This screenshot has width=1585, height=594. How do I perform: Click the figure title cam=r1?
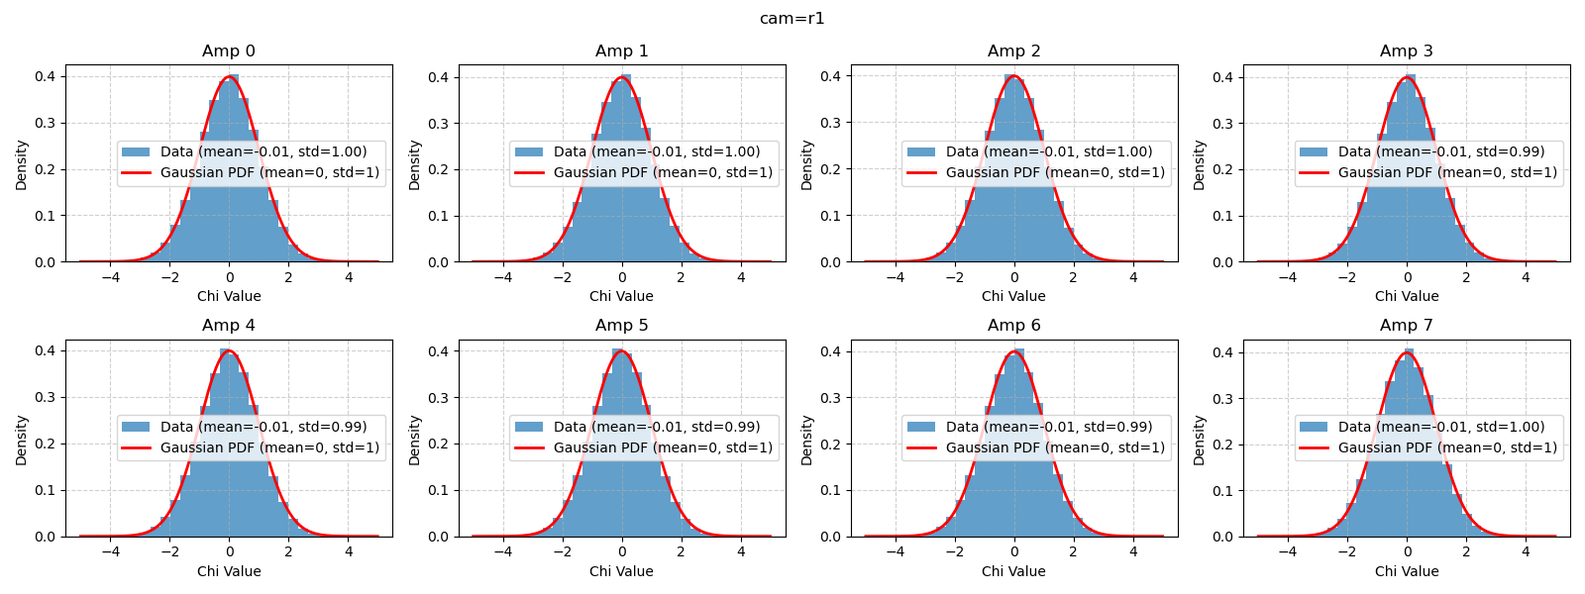(x=792, y=19)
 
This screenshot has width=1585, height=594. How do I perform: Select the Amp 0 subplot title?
(x=229, y=51)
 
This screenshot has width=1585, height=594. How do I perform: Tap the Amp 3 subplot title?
(x=1406, y=51)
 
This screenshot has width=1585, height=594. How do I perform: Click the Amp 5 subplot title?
(x=621, y=326)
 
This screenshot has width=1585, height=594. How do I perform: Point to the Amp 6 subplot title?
(x=1013, y=326)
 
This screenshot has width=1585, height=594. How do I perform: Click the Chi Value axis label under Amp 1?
(x=621, y=296)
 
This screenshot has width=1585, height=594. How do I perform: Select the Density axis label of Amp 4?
(x=22, y=440)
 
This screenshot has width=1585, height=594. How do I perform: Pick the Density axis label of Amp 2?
(x=806, y=164)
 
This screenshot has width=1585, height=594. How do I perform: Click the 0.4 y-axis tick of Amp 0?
(x=45, y=76)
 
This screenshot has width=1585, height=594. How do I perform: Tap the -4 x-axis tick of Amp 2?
(x=895, y=278)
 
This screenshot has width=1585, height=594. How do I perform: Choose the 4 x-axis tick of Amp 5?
(x=741, y=552)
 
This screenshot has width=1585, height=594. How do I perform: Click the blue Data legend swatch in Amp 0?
(x=136, y=151)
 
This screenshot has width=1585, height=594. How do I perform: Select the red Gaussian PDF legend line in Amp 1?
(x=529, y=172)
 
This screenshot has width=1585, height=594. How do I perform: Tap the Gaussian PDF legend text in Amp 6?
(x=1055, y=447)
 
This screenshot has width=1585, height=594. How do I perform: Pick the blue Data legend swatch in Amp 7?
(x=1314, y=427)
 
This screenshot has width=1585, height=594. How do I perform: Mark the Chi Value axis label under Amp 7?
(x=1406, y=571)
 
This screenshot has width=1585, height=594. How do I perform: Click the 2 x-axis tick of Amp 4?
(x=288, y=552)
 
